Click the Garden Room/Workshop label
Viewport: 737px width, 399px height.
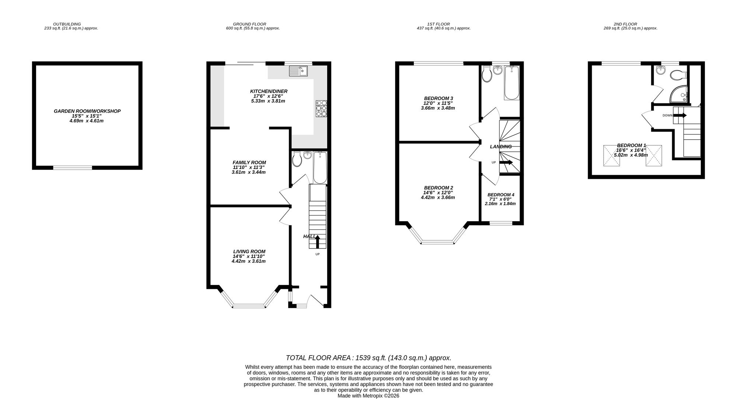[x=87, y=111]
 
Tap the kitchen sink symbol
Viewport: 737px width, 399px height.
[x=298, y=71]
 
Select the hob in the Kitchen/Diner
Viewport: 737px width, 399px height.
[x=321, y=109]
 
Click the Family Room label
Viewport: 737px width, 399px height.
[x=249, y=162]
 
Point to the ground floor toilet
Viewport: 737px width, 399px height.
[x=297, y=159]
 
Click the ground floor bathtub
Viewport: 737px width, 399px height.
[x=320, y=167]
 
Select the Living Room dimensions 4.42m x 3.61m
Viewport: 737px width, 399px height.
[x=248, y=261]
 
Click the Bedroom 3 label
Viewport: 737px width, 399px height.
[x=438, y=98]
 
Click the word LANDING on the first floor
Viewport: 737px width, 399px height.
[x=500, y=146]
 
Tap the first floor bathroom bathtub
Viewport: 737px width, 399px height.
[x=511, y=83]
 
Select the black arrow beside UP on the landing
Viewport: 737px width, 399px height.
[x=506, y=162]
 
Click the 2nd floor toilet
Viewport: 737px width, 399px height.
[x=678, y=75]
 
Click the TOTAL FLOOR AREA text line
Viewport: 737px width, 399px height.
[x=368, y=358]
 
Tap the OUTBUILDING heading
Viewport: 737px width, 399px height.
[x=67, y=24]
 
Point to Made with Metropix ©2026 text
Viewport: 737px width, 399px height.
[x=368, y=396]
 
